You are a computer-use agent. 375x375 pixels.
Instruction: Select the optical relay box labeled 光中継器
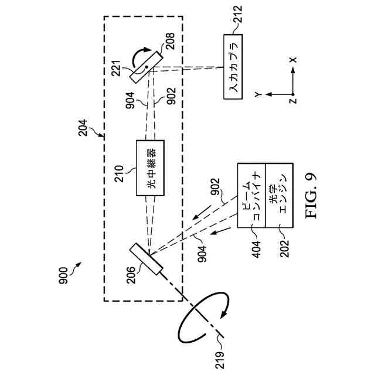point(150,168)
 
